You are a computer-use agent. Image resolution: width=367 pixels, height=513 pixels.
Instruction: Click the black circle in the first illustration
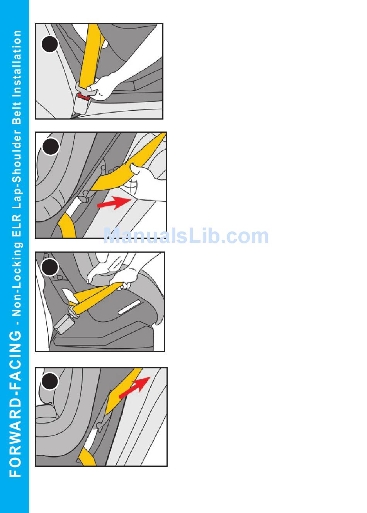coord(49,44)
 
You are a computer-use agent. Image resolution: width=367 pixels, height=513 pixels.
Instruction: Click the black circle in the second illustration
coord(51,146)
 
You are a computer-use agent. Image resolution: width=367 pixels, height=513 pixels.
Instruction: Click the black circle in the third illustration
coord(49,267)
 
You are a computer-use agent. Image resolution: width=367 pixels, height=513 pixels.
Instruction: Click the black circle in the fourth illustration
coord(49,381)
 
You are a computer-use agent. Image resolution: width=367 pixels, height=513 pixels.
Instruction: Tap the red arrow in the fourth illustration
coord(134,387)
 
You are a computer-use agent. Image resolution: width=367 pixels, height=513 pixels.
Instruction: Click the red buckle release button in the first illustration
coord(83,97)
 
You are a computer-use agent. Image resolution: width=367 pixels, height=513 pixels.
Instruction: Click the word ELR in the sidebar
coord(17,226)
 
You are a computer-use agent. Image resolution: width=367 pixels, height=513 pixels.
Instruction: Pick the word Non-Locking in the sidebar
coord(17,279)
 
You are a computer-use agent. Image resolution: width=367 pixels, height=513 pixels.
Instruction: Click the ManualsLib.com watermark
coord(186,236)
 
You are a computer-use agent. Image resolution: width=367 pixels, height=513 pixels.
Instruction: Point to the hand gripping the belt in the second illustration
coord(147,181)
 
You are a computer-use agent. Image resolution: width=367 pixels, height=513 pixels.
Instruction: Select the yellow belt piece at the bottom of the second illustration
coord(67,225)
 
